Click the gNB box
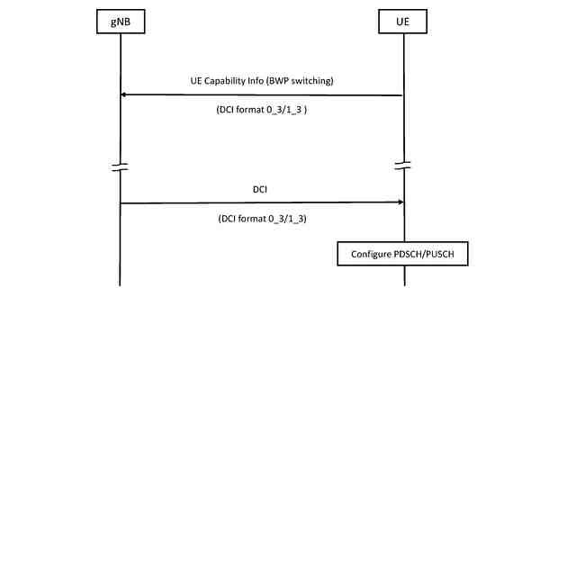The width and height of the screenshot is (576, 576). click(x=120, y=22)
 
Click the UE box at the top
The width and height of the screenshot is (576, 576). click(x=403, y=22)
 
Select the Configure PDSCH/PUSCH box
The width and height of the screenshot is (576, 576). click(x=403, y=255)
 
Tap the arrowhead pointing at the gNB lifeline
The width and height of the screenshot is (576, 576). click(x=125, y=94)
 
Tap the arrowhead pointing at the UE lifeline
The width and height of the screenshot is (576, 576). click(x=399, y=202)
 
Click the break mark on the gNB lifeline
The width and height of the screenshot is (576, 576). click(x=120, y=166)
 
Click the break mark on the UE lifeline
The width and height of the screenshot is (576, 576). click(x=403, y=166)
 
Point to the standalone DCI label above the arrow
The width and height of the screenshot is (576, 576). click(x=261, y=190)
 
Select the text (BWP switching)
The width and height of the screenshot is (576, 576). click(x=301, y=81)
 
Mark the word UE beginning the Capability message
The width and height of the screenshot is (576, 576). click(x=196, y=81)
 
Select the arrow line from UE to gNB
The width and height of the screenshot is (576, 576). click(x=261, y=94)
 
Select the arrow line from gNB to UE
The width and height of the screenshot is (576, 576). click(x=261, y=202)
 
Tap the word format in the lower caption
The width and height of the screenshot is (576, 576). click(x=255, y=218)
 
